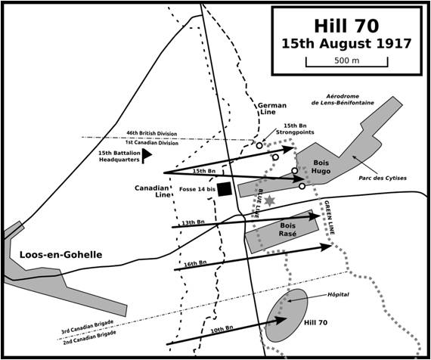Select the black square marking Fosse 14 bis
point(225,189)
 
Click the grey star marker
point(270,199)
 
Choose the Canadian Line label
point(153,191)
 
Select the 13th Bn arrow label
point(194,222)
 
